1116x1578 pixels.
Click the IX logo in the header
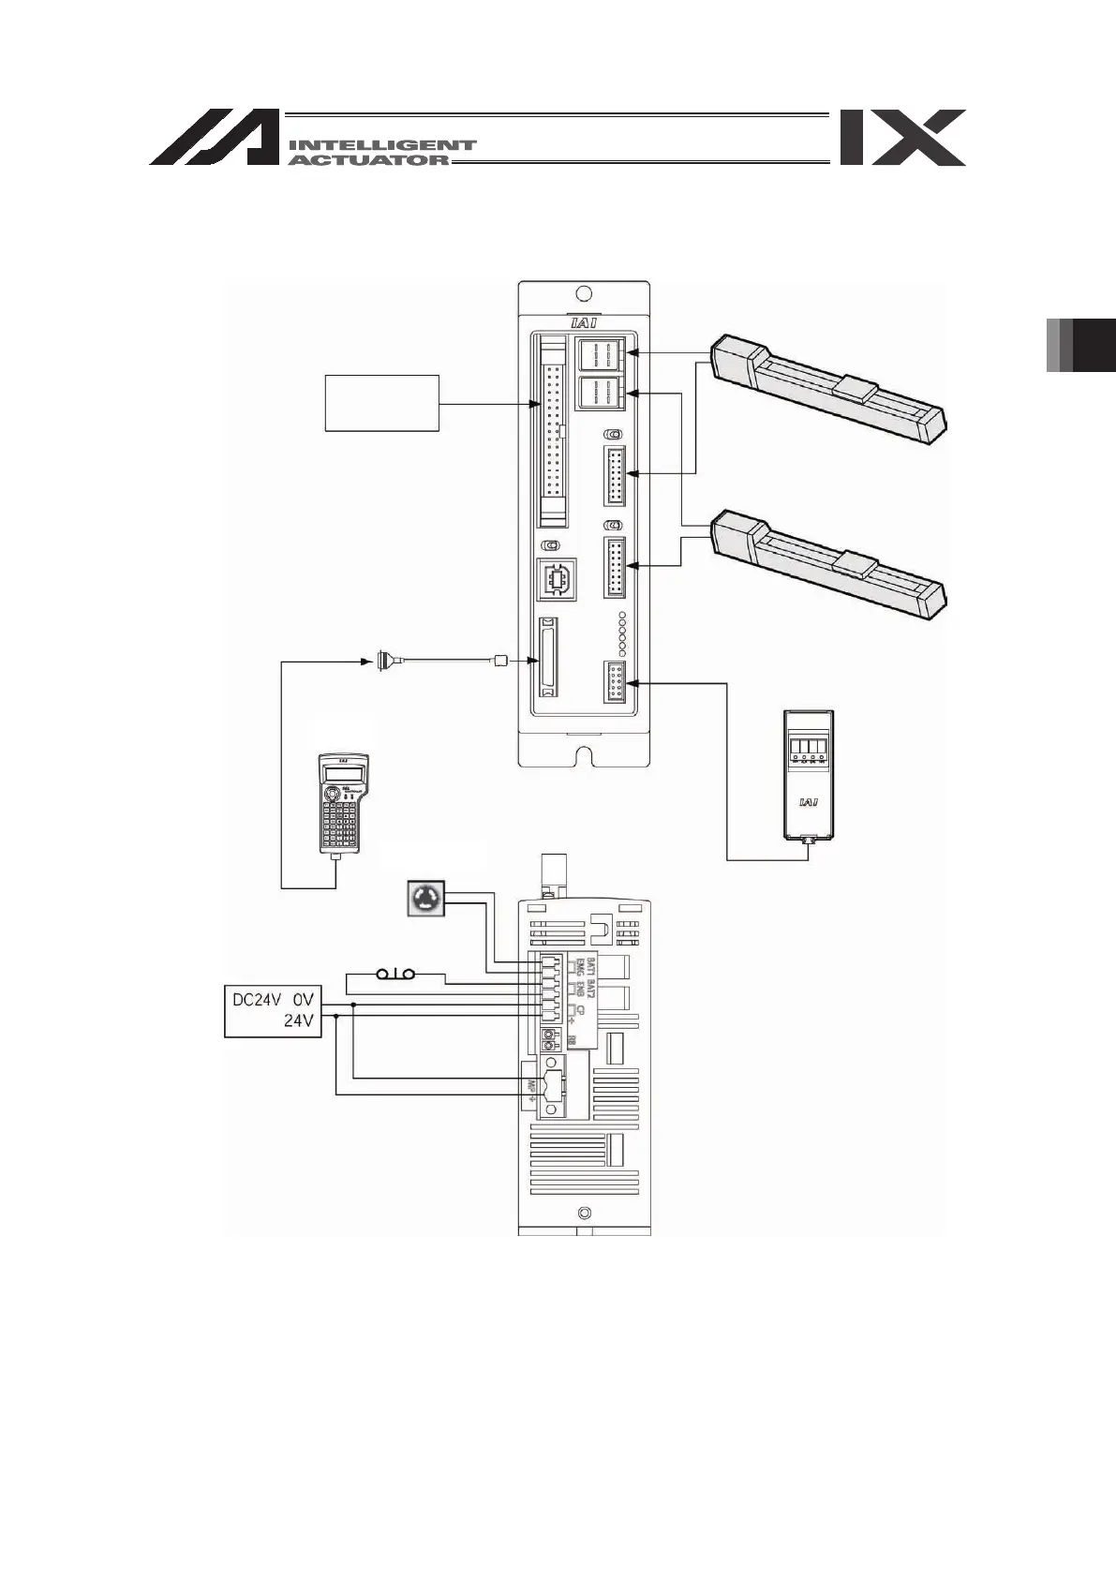(902, 138)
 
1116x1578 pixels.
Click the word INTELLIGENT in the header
(382, 145)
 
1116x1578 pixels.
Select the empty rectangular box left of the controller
(381, 403)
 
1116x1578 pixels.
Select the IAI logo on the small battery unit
(808, 802)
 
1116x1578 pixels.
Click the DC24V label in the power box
(253, 1000)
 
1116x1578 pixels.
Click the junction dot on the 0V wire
(352, 1004)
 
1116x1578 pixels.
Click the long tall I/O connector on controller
(553, 432)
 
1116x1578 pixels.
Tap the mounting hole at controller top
(584, 293)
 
